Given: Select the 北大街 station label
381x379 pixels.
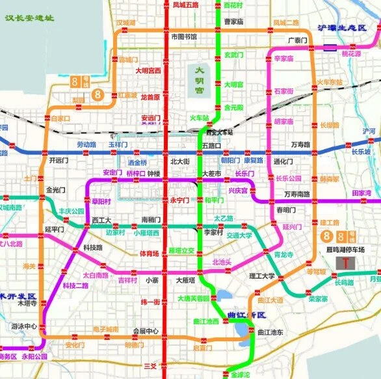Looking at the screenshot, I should click(x=179, y=161).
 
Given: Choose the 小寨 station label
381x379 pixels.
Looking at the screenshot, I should click(x=152, y=281).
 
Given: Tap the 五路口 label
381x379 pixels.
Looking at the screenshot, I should click(x=212, y=145).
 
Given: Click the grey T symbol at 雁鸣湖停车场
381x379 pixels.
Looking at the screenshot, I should click(x=342, y=263).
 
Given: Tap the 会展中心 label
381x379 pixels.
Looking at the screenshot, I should click(x=146, y=331).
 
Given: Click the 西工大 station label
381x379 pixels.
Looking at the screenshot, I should click(x=102, y=219).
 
